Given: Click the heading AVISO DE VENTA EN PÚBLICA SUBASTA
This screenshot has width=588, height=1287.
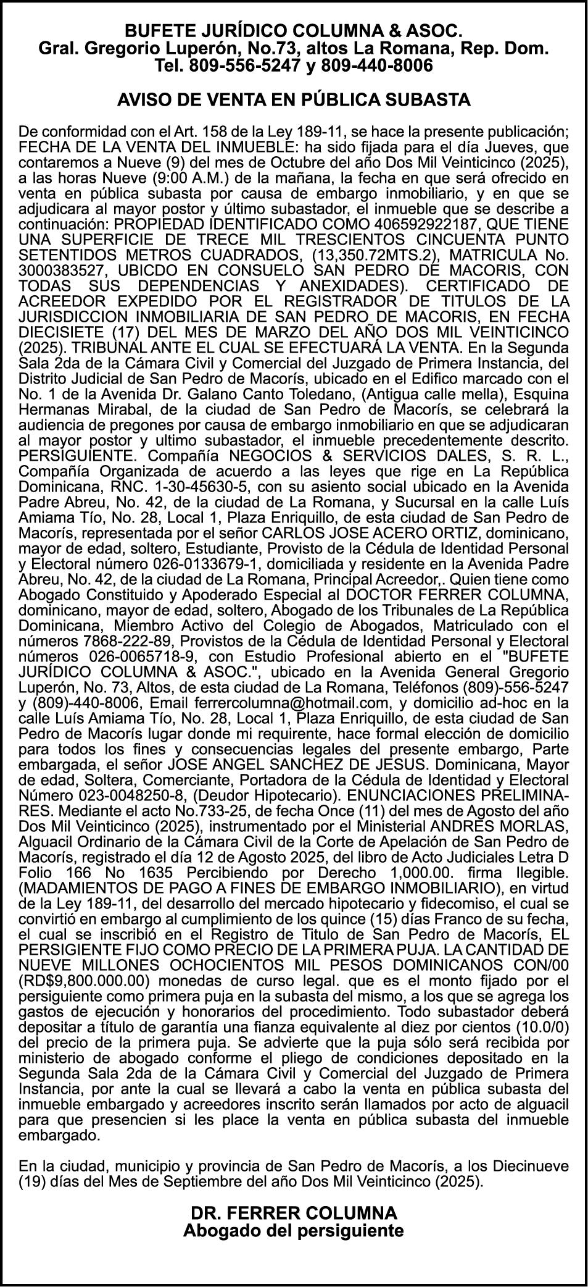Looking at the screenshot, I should (294, 99).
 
